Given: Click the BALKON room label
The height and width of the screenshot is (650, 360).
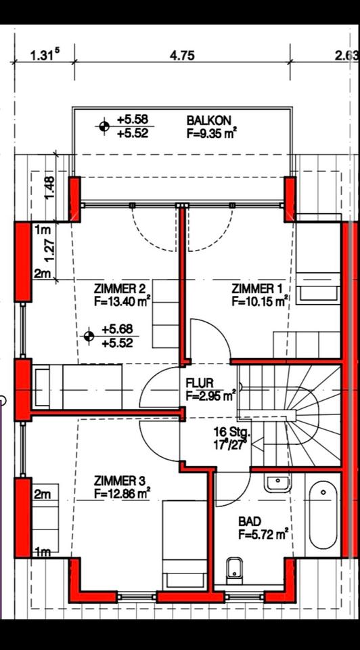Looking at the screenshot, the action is click(x=208, y=121).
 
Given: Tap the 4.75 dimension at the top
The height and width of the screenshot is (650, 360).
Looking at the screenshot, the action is click(x=182, y=56).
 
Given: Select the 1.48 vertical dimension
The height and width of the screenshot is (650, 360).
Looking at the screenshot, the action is click(x=49, y=188).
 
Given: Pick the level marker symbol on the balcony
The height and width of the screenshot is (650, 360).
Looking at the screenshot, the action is click(x=104, y=126).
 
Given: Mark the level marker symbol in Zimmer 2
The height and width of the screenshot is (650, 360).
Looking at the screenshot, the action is click(x=89, y=335).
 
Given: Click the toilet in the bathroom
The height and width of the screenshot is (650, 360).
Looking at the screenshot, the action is click(x=235, y=570).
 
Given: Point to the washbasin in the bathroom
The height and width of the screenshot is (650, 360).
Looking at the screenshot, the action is click(x=277, y=483).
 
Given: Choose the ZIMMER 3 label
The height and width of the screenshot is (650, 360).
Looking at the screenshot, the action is click(x=119, y=481).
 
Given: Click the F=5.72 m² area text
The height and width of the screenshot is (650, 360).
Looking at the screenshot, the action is click(x=263, y=535).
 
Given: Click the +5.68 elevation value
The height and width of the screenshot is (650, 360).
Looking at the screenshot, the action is click(x=118, y=330).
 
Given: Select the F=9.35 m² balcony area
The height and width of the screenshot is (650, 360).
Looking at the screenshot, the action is click(x=212, y=133).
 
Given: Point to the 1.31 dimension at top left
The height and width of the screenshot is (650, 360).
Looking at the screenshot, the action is click(x=45, y=55).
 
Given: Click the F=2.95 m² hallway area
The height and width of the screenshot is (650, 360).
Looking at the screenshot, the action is click(x=211, y=396).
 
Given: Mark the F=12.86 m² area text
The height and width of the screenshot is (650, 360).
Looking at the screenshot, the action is click(x=122, y=494).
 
